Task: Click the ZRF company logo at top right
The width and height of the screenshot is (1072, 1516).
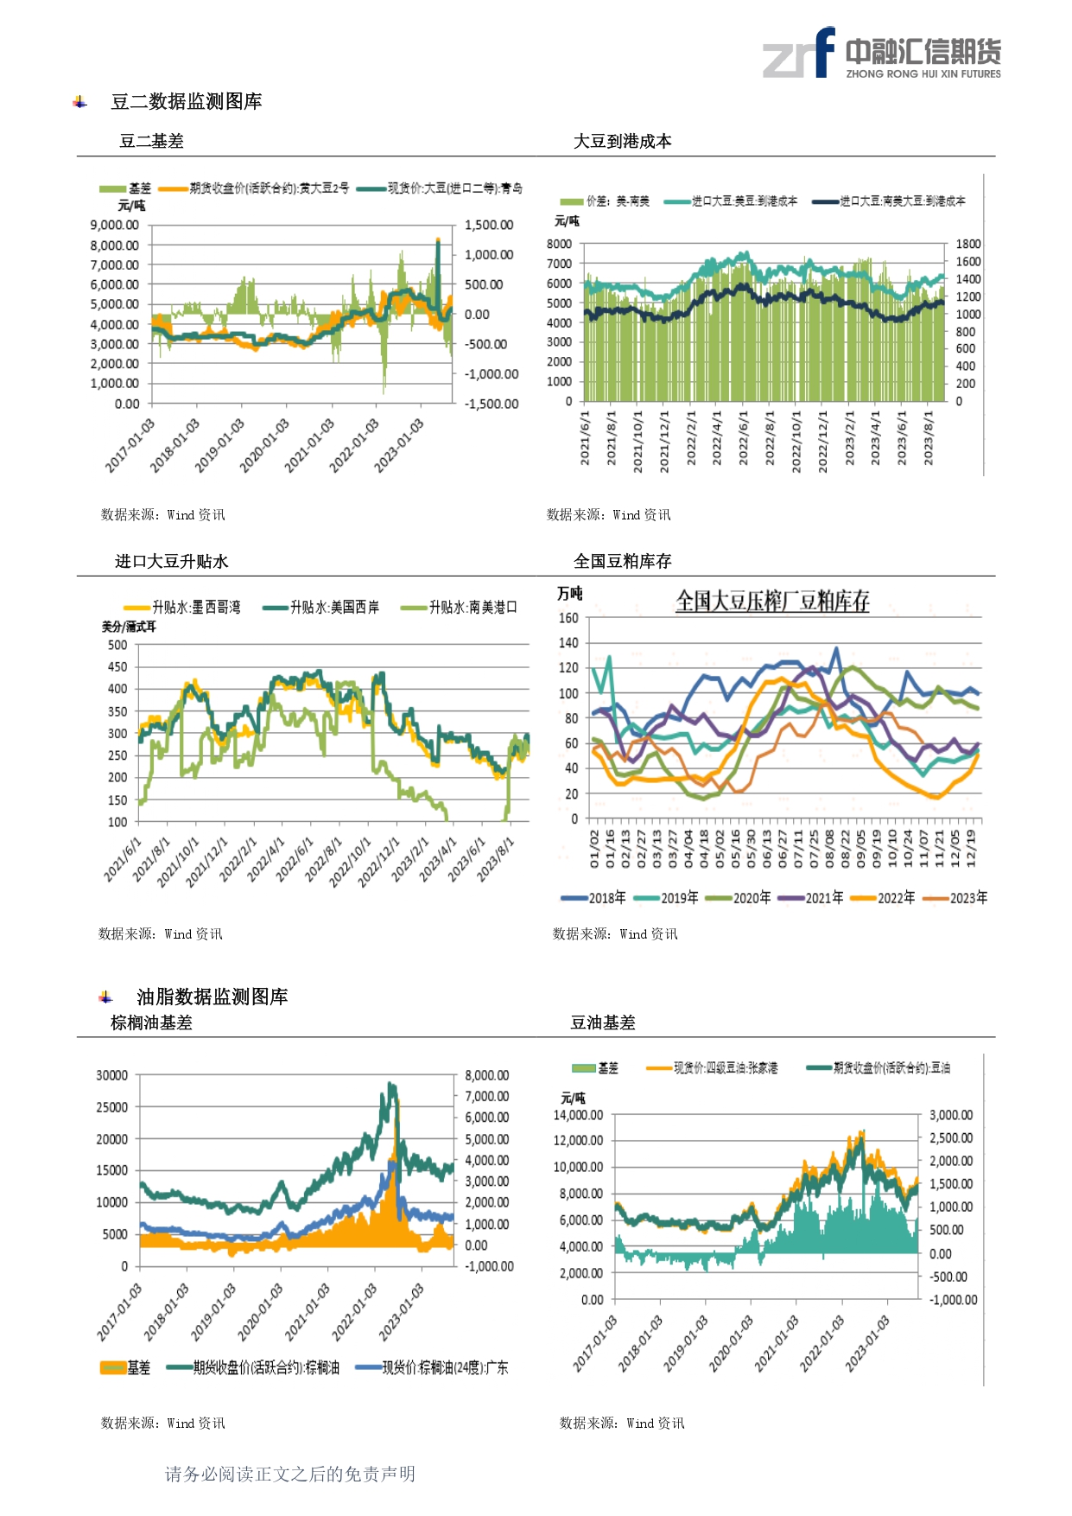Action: (881, 54)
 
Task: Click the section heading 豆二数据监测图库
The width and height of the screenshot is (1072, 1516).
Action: (186, 102)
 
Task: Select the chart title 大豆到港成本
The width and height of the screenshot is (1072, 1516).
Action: (622, 141)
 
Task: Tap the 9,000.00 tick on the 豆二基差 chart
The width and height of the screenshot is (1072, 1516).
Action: (114, 225)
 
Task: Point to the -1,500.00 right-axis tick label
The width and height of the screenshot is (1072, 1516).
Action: (492, 404)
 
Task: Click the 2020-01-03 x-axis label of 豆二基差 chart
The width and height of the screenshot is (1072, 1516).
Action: (264, 445)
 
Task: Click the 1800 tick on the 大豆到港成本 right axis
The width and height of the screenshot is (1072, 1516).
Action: (967, 244)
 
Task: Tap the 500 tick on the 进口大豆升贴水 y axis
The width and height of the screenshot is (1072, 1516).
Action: (117, 645)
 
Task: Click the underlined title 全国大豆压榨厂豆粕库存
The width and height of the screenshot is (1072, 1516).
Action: (772, 601)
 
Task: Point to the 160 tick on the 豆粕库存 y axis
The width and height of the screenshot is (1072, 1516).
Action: (568, 618)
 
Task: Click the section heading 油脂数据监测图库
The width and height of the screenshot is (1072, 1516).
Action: (212, 997)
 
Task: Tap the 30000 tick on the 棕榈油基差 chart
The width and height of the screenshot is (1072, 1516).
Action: (111, 1075)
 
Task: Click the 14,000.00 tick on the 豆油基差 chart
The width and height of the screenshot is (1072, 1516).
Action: (578, 1115)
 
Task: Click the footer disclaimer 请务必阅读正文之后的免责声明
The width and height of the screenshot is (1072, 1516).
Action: (290, 1474)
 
